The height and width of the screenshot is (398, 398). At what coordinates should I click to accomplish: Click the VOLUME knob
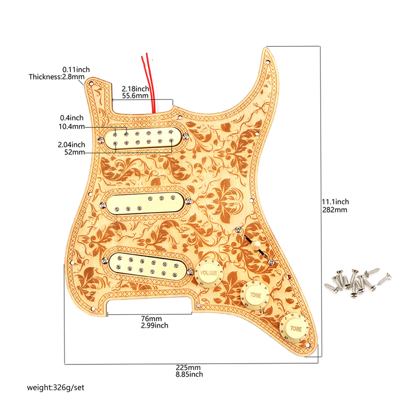pos(208,274)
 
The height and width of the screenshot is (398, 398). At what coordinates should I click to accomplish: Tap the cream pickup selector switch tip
pos(257,245)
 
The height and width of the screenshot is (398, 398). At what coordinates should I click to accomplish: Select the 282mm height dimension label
pos(335,210)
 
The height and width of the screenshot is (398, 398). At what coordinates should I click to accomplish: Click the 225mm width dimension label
pos(189,367)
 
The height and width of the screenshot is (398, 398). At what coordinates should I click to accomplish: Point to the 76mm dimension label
pos(151,319)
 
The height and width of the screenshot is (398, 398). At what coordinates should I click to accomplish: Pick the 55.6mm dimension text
pos(135,96)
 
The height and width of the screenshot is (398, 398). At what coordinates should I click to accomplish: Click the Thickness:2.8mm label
pos(57,77)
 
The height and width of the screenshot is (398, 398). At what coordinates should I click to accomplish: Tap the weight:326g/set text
pos(56,388)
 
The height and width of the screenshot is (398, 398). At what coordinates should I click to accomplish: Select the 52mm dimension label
pos(74,152)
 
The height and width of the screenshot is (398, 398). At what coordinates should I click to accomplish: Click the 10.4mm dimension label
pos(72,126)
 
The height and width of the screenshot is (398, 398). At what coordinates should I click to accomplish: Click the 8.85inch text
pos(189,374)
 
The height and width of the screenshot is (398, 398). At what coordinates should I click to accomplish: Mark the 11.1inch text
pos(335,202)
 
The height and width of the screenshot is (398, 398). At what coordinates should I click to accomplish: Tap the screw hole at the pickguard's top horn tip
pos(267,61)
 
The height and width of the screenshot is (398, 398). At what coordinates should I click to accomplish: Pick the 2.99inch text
pos(155,325)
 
